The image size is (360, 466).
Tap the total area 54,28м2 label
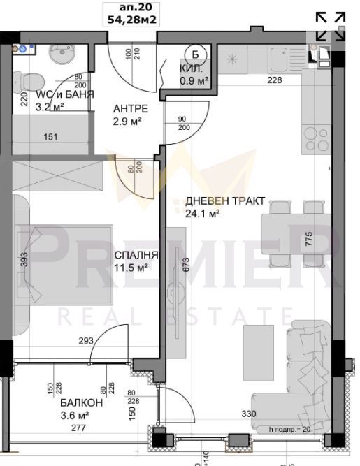click(131, 20)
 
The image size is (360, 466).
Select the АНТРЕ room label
click(131, 109)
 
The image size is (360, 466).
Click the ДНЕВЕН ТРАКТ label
click(224, 201)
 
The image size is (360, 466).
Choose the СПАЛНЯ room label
click(136, 256)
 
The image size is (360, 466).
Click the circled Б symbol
click(195, 53)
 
